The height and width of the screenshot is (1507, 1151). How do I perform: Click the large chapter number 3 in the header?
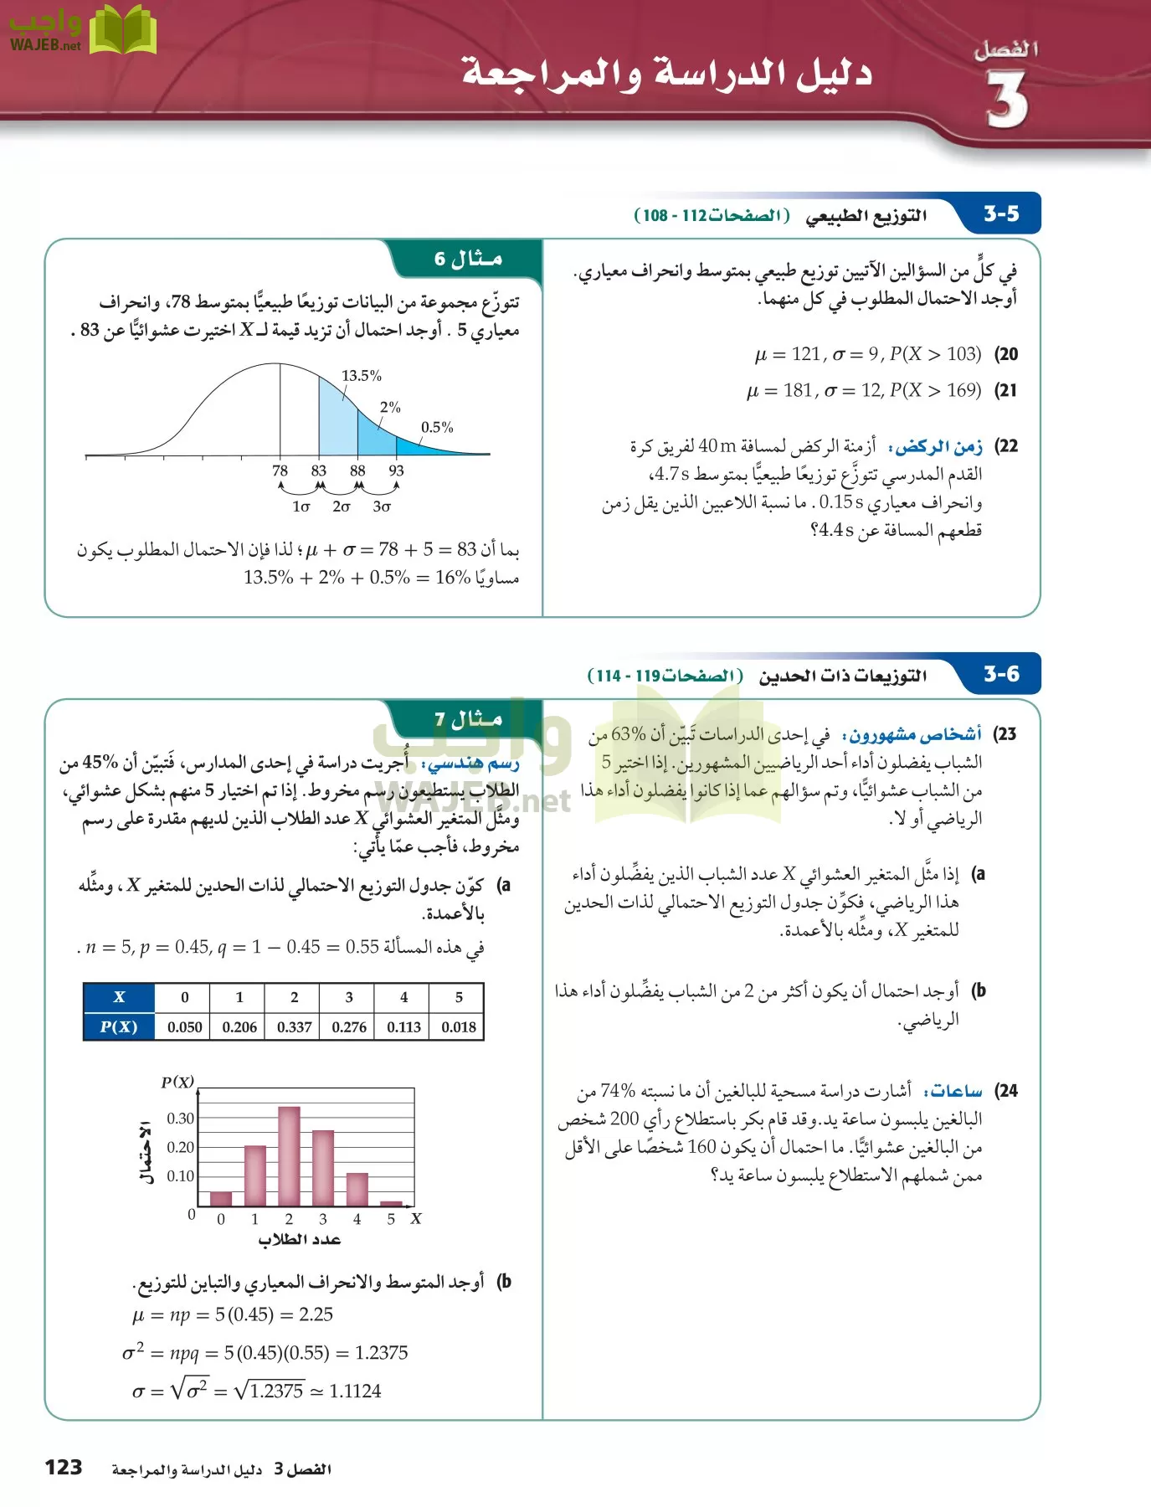click(x=1006, y=100)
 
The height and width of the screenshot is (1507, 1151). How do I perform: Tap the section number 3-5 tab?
click(x=1001, y=214)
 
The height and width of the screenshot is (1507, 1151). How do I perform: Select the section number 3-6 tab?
click(x=1001, y=674)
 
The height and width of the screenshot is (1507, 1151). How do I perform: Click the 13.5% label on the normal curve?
click(x=362, y=376)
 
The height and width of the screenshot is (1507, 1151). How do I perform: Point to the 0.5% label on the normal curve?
click(x=437, y=428)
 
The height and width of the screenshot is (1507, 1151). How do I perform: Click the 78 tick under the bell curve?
click(x=280, y=471)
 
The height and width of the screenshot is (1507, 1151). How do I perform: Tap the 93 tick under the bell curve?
click(x=396, y=471)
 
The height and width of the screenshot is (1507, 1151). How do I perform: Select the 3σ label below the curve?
click(x=382, y=507)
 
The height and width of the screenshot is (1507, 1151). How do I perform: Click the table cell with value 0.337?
click(x=294, y=1026)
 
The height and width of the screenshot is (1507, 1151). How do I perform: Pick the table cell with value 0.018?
click(x=458, y=1026)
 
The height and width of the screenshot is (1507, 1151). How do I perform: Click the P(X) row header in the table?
click(x=119, y=1026)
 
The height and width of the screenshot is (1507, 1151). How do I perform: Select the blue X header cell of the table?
click(x=119, y=997)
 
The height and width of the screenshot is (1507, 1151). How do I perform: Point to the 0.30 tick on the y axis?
click(x=180, y=1119)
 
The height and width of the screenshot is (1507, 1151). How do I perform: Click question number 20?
click(x=1006, y=354)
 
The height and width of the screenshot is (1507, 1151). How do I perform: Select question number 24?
click(x=1006, y=1091)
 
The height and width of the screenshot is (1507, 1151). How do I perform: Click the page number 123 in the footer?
click(x=64, y=1468)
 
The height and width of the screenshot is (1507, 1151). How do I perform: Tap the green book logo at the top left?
click(x=123, y=30)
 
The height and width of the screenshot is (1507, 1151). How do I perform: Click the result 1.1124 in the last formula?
click(x=355, y=1391)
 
